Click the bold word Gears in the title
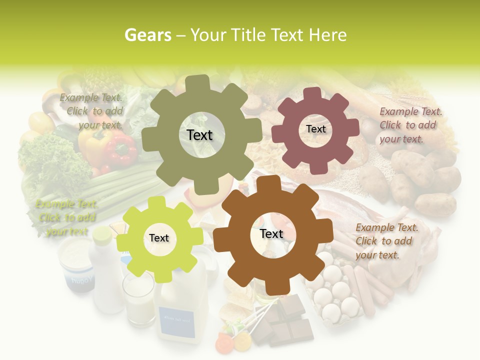[147, 35]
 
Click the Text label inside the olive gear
[199, 135]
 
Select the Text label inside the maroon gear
[315, 129]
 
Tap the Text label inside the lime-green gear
[159, 238]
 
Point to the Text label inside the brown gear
[271, 233]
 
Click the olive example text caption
[91, 111]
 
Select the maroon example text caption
[410, 125]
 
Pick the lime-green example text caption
[67, 217]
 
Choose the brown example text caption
[386, 241]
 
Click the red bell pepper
[120, 150]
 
